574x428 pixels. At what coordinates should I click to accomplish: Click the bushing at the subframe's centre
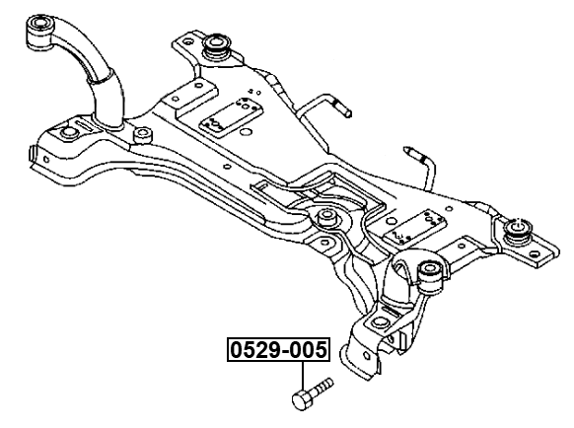coord(326,219)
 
